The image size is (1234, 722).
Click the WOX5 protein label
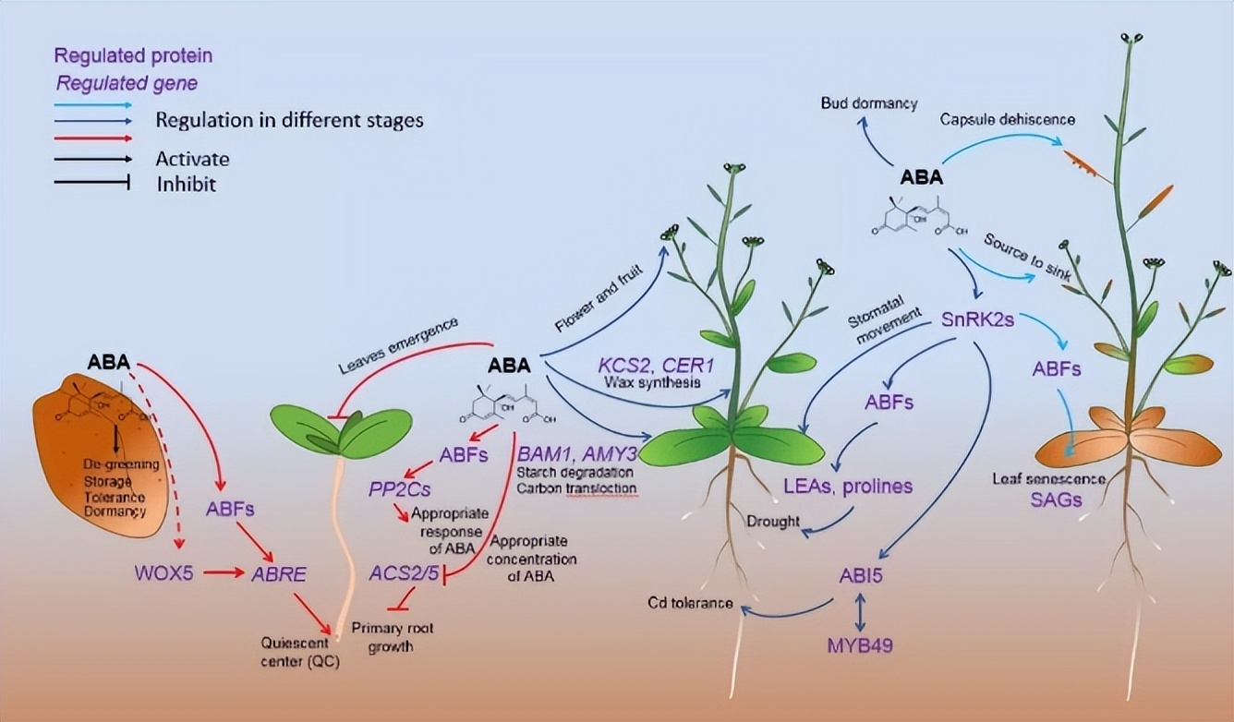[x=164, y=573]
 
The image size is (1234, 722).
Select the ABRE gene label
[x=278, y=574]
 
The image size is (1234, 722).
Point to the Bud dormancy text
[x=870, y=103]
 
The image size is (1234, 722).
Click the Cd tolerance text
[x=690, y=604]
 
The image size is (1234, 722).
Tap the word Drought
[x=772, y=521]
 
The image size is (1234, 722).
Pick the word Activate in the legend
[x=192, y=159]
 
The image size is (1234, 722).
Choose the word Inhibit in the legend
[x=186, y=184]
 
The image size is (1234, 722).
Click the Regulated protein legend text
[x=133, y=55]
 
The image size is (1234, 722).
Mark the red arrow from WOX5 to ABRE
[x=223, y=573]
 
